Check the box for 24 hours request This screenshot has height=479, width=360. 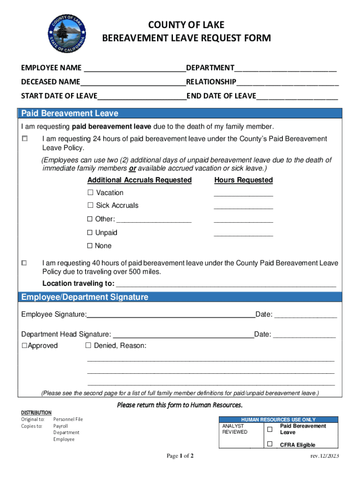coord(25,139)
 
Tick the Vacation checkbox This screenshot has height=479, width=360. coord(91,193)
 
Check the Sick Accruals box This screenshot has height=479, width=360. coord(91,205)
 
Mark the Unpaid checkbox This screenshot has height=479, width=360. coord(90,232)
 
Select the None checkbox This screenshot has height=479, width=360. coord(90,246)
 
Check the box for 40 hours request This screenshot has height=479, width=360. coord(25,264)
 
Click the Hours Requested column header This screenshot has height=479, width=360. coord(243,180)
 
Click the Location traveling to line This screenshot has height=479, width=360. coord(226,284)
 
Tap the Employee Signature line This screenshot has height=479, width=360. coord(171,315)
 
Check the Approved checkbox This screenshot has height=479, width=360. coord(24,346)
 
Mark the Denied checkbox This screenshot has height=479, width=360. coord(88,346)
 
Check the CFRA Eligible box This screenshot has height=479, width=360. coord(269,444)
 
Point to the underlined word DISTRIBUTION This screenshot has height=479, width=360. coord(36,413)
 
